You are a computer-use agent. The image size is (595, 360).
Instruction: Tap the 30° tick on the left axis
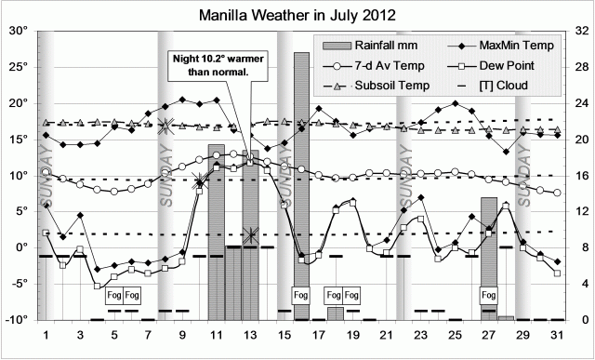[x=20, y=31]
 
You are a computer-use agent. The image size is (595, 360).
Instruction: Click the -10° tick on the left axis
[x=18, y=319]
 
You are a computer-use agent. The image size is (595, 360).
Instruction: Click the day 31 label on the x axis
[x=556, y=334]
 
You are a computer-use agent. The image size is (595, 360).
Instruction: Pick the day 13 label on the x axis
[x=250, y=334]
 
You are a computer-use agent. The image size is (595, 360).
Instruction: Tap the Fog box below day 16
[x=301, y=296]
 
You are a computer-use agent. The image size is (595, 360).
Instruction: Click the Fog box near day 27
[x=489, y=296]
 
